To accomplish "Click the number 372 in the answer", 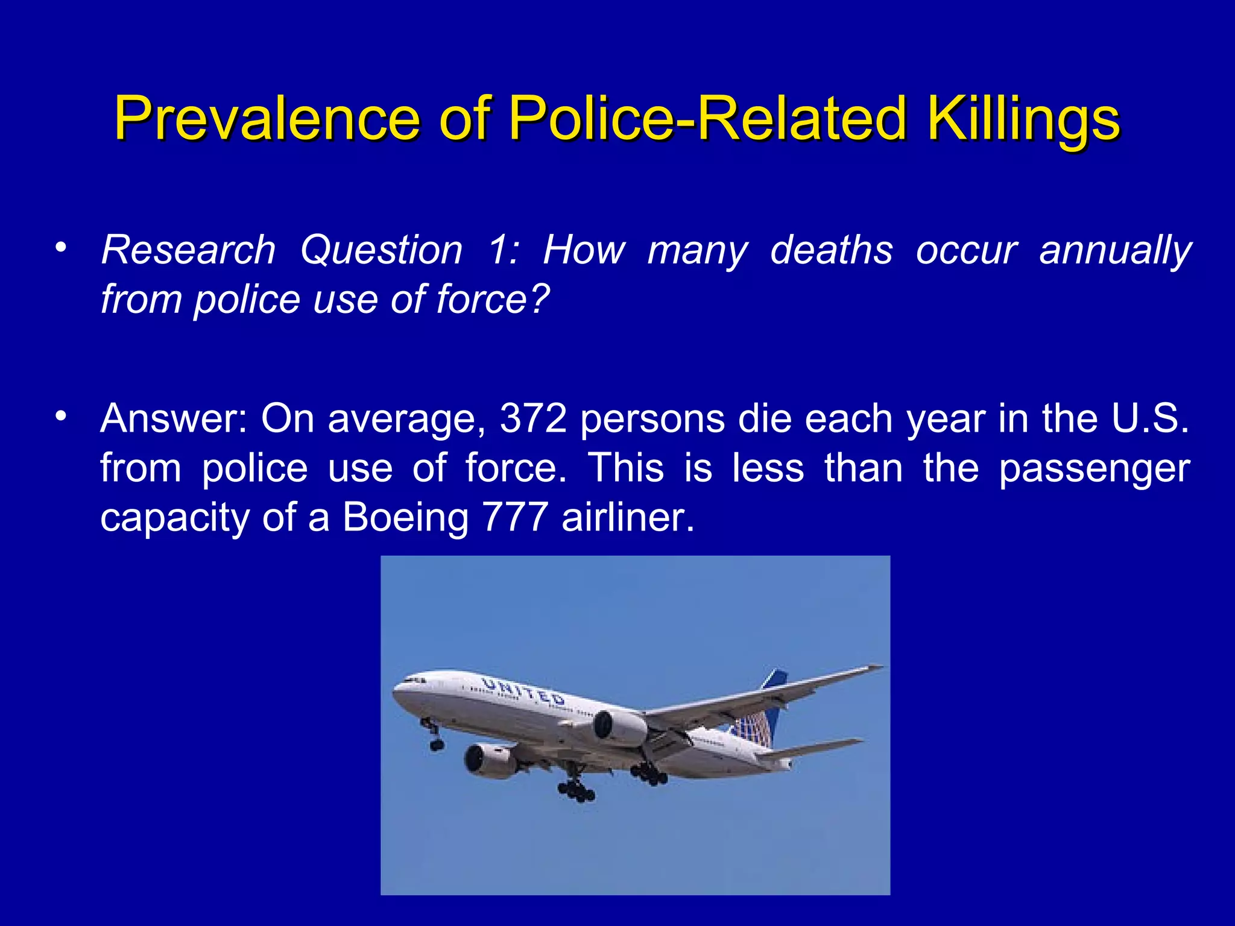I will [x=533, y=418].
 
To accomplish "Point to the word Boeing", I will [x=405, y=517].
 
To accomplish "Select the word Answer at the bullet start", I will [x=174, y=418].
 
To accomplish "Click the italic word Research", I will [x=188, y=250].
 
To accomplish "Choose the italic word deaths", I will [x=831, y=250].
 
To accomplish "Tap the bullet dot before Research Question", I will [x=60, y=248].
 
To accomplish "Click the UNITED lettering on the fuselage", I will [x=523, y=691].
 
